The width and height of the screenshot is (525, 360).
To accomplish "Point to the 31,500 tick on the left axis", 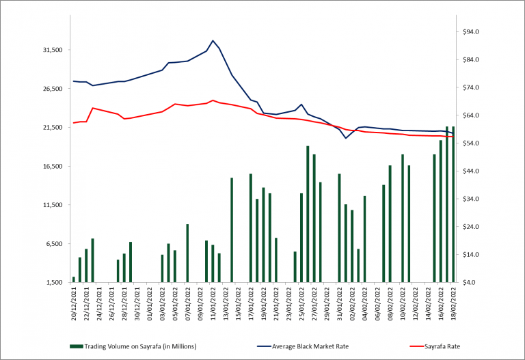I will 53,50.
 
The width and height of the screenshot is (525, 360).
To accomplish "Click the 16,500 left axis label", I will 53,166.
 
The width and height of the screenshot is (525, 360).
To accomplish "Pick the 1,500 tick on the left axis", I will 54,282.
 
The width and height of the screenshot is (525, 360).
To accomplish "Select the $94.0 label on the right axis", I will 474,32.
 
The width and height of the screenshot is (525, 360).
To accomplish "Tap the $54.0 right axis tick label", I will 474,143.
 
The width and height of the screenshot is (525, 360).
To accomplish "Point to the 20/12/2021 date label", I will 74,303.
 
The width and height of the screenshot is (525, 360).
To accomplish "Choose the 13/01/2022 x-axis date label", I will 226,303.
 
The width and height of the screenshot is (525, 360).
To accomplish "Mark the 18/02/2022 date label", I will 453,303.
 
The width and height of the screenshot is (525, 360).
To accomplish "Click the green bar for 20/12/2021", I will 74,279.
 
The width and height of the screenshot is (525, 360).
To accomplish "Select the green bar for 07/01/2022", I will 187,253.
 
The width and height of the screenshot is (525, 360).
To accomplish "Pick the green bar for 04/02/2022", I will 364,238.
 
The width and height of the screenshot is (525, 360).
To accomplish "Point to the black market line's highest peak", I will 213,40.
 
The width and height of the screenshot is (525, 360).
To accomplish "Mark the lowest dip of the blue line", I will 346,138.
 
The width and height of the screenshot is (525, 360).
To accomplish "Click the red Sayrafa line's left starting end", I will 74,123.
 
